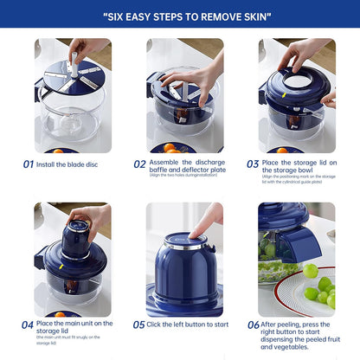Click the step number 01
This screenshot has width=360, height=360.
click(x=29, y=163)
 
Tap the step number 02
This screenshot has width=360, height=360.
click(x=139, y=163)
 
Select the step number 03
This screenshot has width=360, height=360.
click(x=253, y=163)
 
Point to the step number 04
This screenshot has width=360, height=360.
click(x=29, y=325)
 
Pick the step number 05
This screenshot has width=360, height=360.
click(x=139, y=325)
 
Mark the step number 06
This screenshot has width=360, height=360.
click(x=253, y=325)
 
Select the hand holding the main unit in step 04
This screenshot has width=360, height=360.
click(x=91, y=216)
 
